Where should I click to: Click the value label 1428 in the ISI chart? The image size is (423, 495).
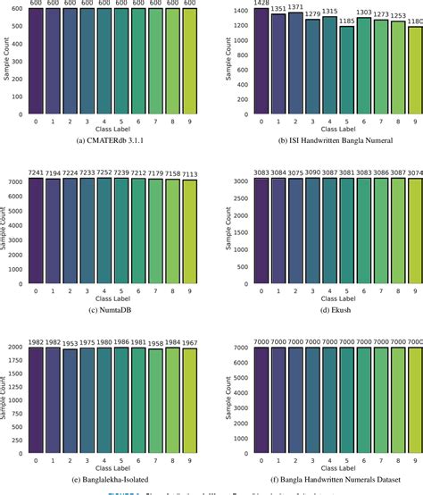point(261,4)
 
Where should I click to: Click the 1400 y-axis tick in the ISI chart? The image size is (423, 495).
point(239,9)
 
